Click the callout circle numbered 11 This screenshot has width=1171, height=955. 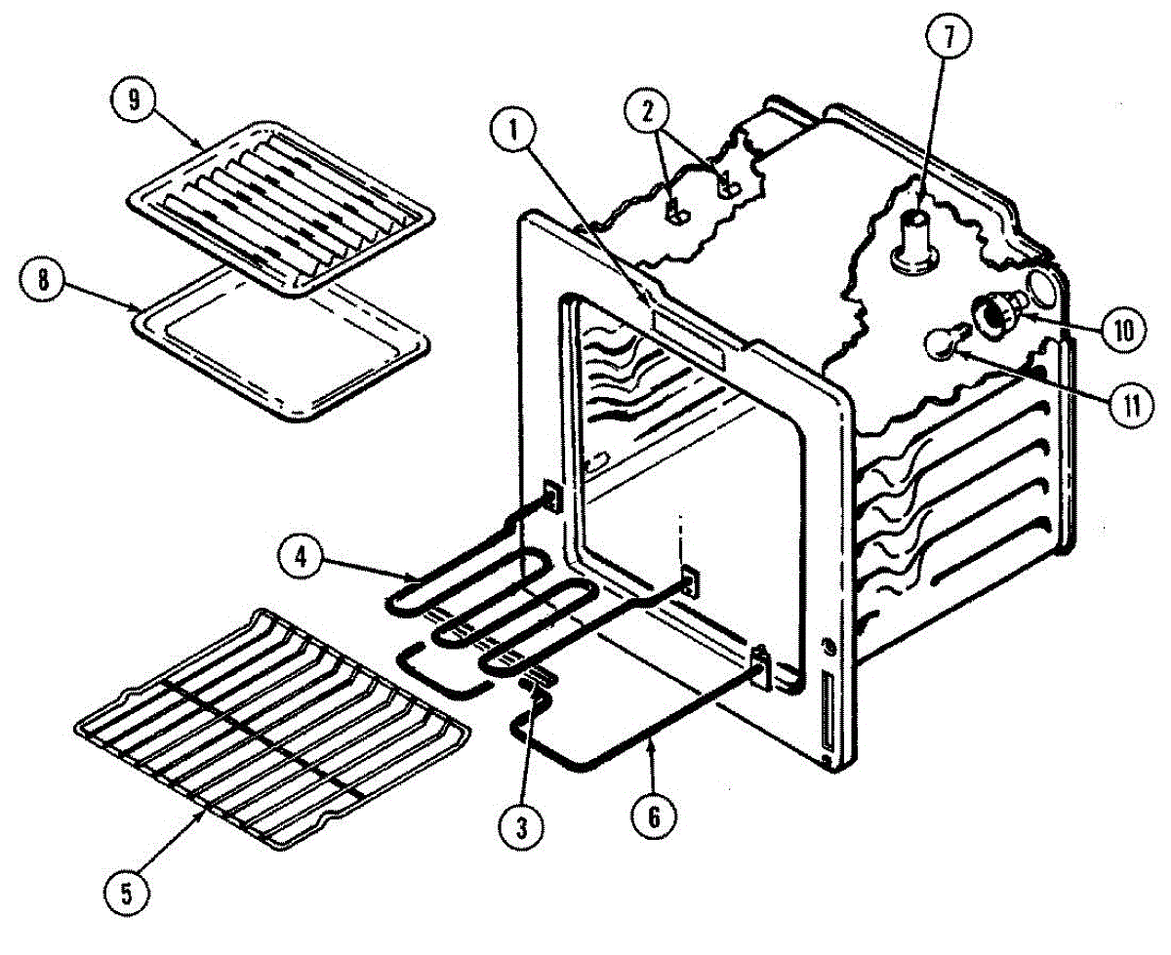click(x=1129, y=404)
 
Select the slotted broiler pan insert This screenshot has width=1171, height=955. click(x=278, y=207)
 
